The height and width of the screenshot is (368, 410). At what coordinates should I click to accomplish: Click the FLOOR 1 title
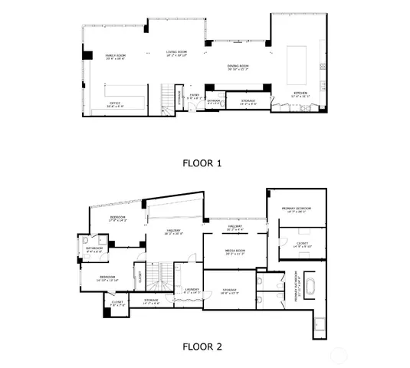click(202, 163)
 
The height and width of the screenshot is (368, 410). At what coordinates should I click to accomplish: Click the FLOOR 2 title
click(202, 346)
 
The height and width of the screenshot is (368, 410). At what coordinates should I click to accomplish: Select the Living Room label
click(177, 54)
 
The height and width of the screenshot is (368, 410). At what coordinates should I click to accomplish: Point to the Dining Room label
click(238, 67)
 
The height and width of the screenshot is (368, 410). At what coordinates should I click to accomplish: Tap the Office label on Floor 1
click(115, 103)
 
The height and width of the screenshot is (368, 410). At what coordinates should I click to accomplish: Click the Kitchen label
click(301, 94)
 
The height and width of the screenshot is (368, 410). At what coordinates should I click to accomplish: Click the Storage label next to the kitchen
click(248, 101)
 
